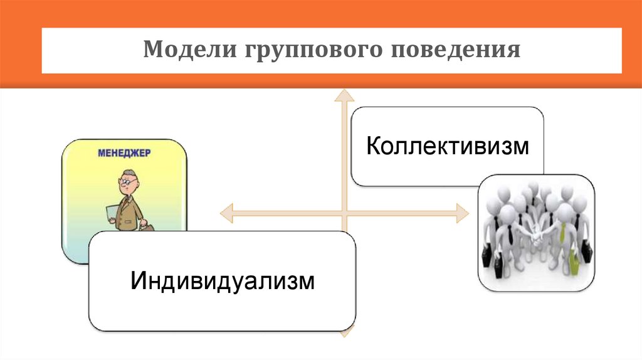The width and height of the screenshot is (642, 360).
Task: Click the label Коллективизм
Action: [448, 147]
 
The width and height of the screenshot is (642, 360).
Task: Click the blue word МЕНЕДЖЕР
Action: [125, 152]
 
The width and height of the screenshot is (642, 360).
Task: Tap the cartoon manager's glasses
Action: [126, 183]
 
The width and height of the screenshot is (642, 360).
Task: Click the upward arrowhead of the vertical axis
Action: [343, 95]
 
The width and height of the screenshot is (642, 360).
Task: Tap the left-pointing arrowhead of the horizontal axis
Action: [227, 213]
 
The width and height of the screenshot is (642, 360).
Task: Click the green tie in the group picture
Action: [564, 232]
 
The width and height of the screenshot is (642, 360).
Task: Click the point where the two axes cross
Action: [343, 213]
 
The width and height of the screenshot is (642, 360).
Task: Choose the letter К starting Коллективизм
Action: [372, 147]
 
